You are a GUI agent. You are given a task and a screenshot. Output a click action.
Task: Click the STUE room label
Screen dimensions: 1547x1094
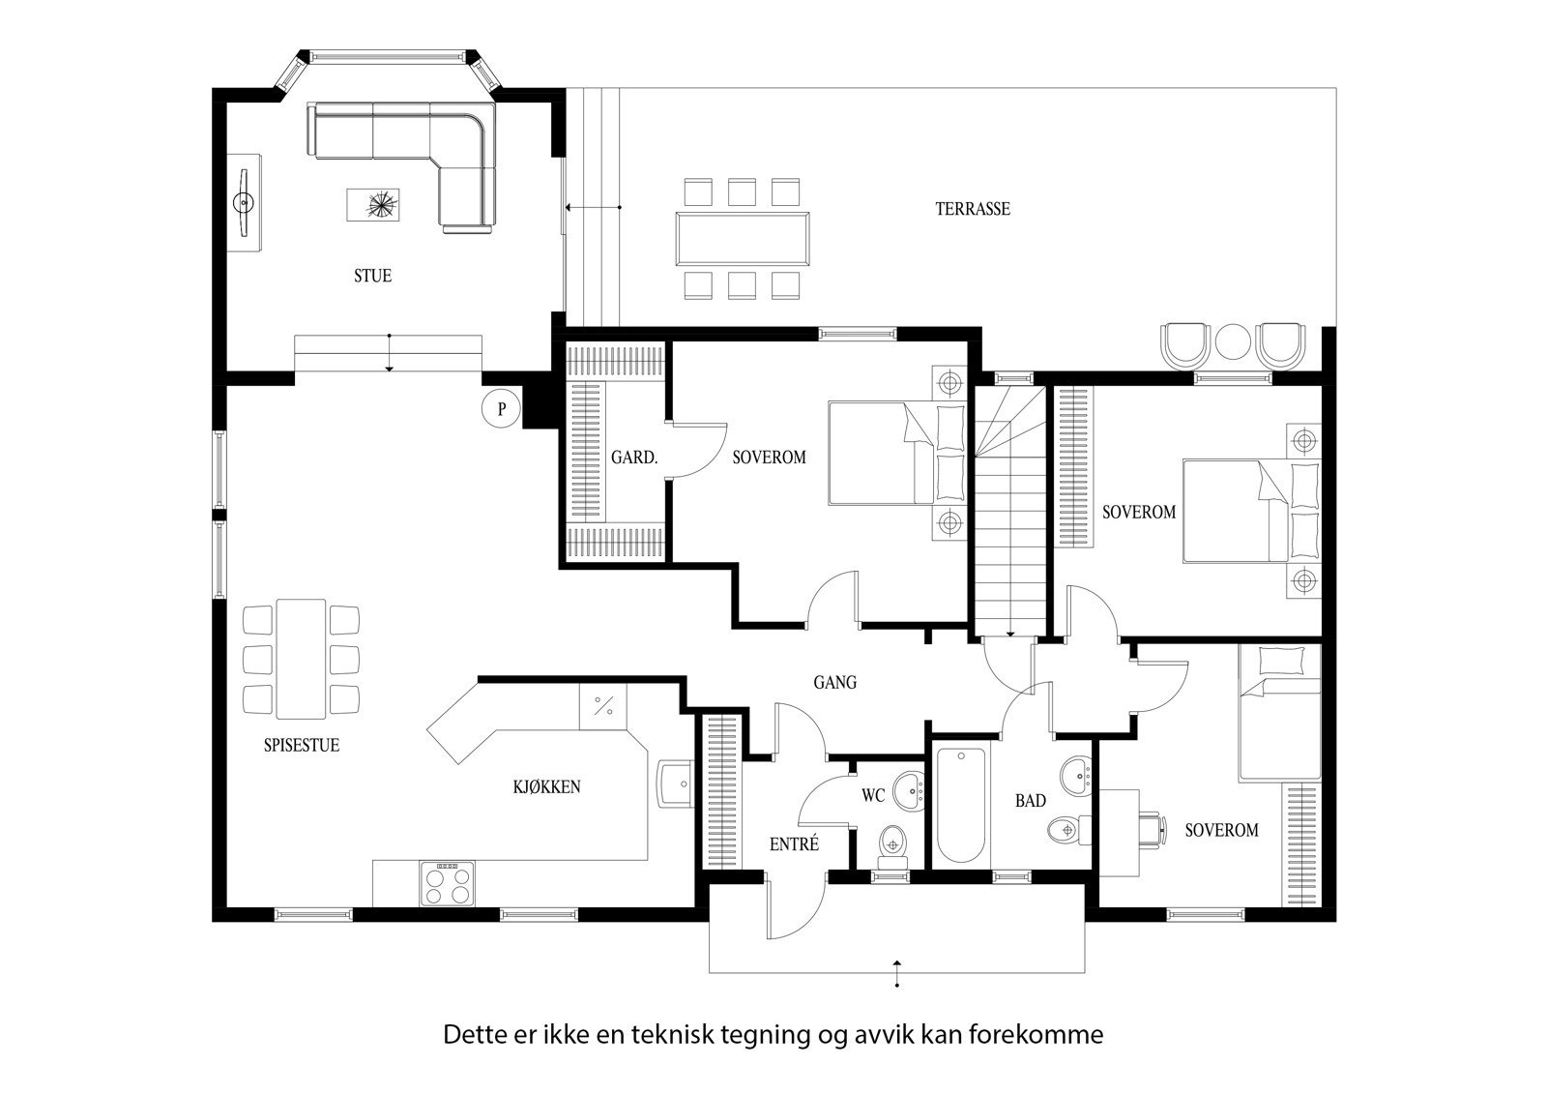pyautogui.click(x=373, y=276)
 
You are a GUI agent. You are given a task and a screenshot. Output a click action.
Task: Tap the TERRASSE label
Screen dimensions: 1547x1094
pyautogui.click(x=973, y=209)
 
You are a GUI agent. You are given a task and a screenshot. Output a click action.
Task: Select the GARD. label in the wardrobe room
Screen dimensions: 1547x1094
pyautogui.click(x=634, y=458)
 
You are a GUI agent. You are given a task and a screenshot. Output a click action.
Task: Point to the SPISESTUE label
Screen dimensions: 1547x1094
pyautogui.click(x=302, y=745)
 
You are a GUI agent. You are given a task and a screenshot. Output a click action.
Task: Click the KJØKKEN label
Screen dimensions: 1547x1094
pyautogui.click(x=547, y=786)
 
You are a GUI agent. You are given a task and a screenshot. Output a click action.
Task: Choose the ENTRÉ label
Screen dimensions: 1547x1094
pyautogui.click(x=794, y=843)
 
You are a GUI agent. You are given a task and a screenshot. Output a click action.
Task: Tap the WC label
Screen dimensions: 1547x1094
pyautogui.click(x=873, y=795)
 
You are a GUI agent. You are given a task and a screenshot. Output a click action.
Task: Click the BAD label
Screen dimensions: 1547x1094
pyautogui.click(x=1031, y=801)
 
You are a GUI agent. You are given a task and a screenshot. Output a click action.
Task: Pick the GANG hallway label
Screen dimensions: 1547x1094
pyautogui.click(x=835, y=683)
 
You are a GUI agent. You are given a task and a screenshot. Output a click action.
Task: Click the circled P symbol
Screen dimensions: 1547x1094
pyautogui.click(x=501, y=408)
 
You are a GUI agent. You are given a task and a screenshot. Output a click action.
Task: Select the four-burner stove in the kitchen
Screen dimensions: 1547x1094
pyautogui.click(x=447, y=884)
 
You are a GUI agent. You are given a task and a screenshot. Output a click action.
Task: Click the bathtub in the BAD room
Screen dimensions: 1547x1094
pyautogui.click(x=961, y=806)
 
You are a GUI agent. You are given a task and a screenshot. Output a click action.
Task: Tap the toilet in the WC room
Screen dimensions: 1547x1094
pyautogui.click(x=892, y=845)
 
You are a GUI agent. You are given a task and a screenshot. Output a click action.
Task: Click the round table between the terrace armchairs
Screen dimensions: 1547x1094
pyautogui.click(x=1233, y=343)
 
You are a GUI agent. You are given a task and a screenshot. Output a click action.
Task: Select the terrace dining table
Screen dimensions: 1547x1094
pyautogui.click(x=743, y=238)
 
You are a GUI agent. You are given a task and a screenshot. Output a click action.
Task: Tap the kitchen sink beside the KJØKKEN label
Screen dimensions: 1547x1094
pyautogui.click(x=675, y=784)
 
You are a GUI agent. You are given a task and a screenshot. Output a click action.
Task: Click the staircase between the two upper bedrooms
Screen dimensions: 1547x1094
pyautogui.click(x=1009, y=512)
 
